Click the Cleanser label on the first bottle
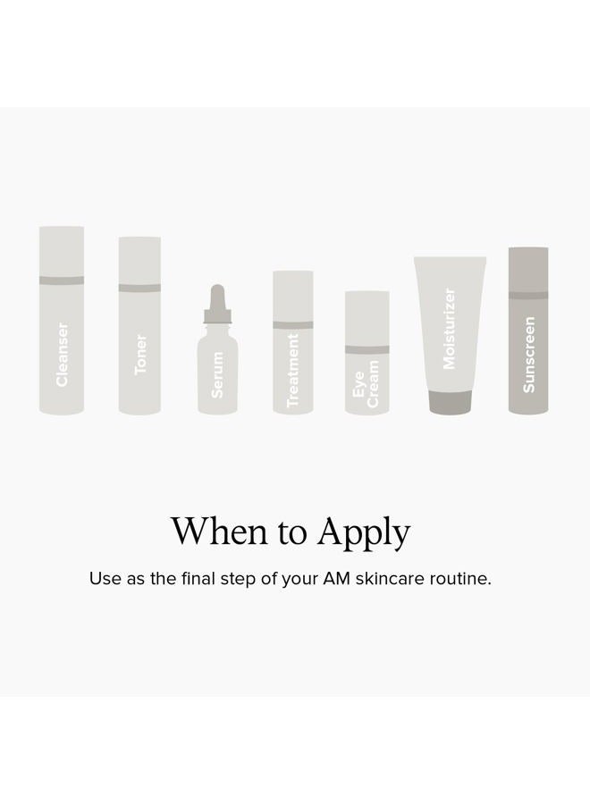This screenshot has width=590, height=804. (x=62, y=355)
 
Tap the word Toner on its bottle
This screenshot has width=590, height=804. (x=140, y=355)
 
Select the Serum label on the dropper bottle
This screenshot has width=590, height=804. (x=217, y=374)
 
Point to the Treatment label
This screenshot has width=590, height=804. (x=293, y=370)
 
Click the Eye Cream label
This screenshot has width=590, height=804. (x=366, y=383)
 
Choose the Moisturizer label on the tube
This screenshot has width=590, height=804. (x=450, y=328)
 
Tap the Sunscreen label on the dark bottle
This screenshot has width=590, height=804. (x=528, y=355)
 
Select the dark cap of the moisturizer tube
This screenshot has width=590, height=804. (x=450, y=402)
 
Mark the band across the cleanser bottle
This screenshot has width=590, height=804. (x=62, y=281)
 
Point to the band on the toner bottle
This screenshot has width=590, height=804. (x=139, y=288)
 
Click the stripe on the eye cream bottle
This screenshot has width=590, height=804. (x=367, y=349)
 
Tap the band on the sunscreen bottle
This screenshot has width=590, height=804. (x=528, y=295)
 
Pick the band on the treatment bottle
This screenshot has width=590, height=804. (x=293, y=325)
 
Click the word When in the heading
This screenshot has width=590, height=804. (x=220, y=531)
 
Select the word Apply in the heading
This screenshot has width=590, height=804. (x=364, y=533)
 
